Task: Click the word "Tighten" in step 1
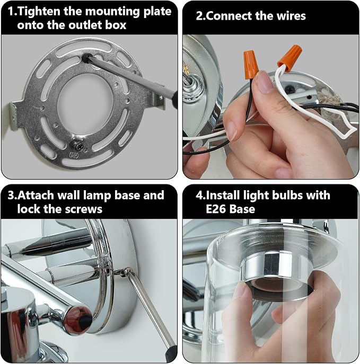click(x=39, y=12)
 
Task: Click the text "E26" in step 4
click(x=216, y=209)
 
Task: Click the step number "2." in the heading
click(x=200, y=16)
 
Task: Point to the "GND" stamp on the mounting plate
click(x=74, y=155)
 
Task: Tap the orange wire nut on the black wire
click(x=251, y=62)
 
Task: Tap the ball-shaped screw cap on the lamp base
click(x=127, y=271)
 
